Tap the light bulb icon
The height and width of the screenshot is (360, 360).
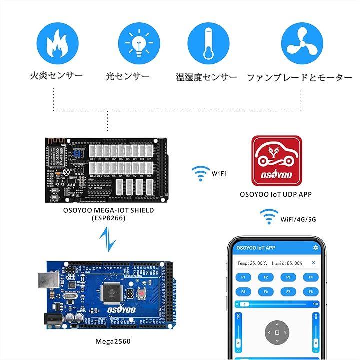coord(139,43)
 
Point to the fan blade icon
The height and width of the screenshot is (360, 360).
coord(302,43)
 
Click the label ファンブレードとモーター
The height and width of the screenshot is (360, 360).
coord(299,78)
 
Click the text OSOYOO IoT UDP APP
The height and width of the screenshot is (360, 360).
coord(276,194)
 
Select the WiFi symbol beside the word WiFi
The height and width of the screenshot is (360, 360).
coord(200,174)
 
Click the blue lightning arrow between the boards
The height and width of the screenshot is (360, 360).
coord(108,239)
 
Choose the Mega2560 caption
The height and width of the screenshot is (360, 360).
coord(110,342)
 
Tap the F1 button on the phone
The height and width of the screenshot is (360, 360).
coord(243,277)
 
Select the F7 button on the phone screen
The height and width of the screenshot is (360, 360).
coord(288,291)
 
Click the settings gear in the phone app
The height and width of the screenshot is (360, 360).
coord(315,248)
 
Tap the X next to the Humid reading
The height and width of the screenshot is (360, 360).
coord(314,263)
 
